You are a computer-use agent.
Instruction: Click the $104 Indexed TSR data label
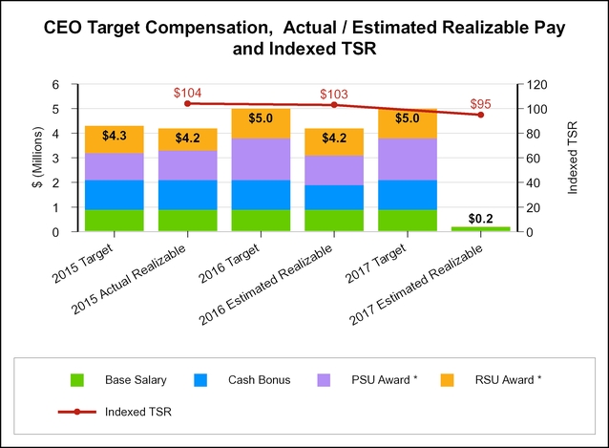pos(187,93)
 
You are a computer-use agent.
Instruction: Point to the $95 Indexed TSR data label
pos(480,104)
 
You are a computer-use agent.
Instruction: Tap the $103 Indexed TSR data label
pos(333,94)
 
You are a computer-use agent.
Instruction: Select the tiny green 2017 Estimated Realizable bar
pos(480,228)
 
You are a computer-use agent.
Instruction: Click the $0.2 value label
pos(480,219)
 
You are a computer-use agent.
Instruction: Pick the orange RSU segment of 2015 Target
pos(114,139)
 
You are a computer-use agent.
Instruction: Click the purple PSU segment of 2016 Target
pos(261,160)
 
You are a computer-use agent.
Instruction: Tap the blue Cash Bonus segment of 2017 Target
pos(408,195)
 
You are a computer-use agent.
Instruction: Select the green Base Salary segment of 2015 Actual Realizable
pos(187,221)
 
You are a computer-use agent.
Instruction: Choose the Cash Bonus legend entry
pos(239,380)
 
